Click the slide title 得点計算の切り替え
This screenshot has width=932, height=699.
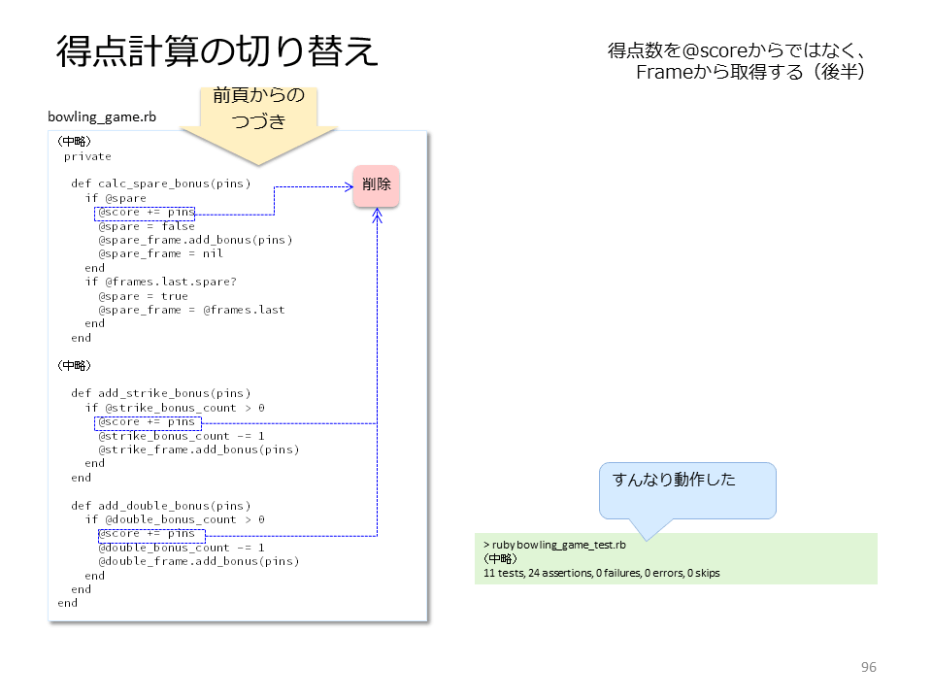tap(216, 51)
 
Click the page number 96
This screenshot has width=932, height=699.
tap(868, 667)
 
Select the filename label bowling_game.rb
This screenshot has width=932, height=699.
tap(102, 116)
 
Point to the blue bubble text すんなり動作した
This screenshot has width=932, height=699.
tap(674, 479)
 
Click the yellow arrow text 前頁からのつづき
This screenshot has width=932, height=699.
tap(258, 108)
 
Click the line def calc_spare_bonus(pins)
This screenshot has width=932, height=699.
tap(160, 183)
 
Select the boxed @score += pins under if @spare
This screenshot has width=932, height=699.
tap(145, 213)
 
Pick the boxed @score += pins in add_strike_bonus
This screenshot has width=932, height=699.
tap(148, 422)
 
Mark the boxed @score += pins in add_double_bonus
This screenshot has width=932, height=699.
tap(151, 535)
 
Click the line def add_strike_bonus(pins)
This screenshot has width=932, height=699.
tap(160, 393)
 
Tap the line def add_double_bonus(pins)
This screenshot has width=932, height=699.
tap(160, 506)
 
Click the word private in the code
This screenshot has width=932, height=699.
tap(87, 157)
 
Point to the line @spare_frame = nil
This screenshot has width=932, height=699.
tap(160, 253)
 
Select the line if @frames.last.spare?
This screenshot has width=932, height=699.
tap(160, 282)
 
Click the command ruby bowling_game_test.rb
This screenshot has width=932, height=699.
tap(559, 545)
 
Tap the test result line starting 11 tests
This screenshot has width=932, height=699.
tap(602, 573)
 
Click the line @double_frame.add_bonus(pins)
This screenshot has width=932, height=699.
tap(198, 562)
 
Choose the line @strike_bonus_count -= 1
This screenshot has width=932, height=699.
tap(182, 436)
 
